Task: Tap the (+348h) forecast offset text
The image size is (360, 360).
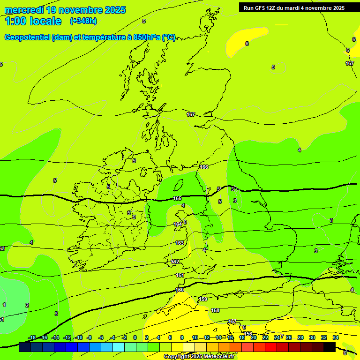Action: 83,21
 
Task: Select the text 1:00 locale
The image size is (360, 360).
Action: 33,21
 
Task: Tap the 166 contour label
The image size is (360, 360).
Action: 203,167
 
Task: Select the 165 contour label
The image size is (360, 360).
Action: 177,199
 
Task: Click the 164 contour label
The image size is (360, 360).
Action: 178,224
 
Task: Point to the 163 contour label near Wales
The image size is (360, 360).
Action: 180,243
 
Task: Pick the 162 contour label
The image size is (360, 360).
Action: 175,262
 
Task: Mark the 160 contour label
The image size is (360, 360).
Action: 180,290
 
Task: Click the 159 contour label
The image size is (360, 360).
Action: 203,299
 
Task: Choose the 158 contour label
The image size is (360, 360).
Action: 215,310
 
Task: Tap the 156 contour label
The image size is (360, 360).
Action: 248,334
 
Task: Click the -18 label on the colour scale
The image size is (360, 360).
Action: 32,337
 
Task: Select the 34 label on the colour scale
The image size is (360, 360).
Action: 335,337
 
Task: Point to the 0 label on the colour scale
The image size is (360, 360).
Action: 135,337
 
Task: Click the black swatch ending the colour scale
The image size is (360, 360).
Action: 329,347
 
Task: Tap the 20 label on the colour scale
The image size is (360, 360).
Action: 253,337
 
